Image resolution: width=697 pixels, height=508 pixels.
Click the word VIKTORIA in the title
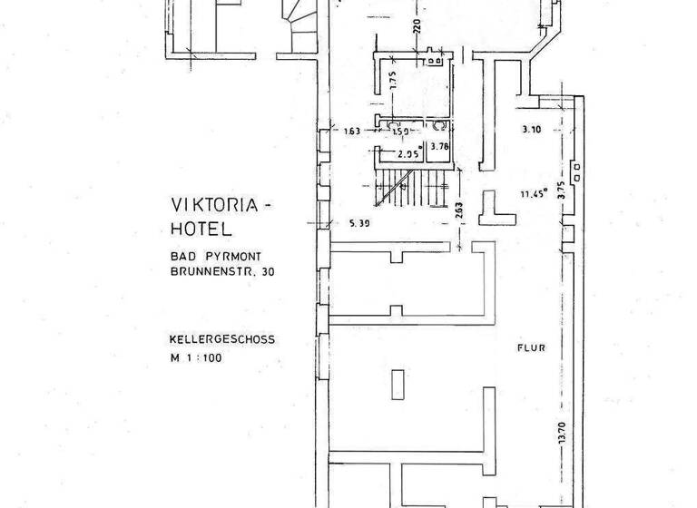pyautogui.click(x=215, y=206)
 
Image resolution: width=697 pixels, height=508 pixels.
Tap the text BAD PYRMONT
pyautogui.click(x=214, y=257)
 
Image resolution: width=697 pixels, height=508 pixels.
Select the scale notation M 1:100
pyautogui.click(x=195, y=357)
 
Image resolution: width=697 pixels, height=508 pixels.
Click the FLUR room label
pyautogui.click(x=530, y=345)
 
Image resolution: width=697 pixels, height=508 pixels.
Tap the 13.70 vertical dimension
pyautogui.click(x=563, y=435)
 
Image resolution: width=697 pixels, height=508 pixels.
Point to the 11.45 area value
pyautogui.click(x=534, y=193)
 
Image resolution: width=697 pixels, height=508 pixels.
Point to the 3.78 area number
pyautogui.click(x=440, y=146)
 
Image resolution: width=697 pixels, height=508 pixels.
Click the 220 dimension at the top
pyautogui.click(x=417, y=26)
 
